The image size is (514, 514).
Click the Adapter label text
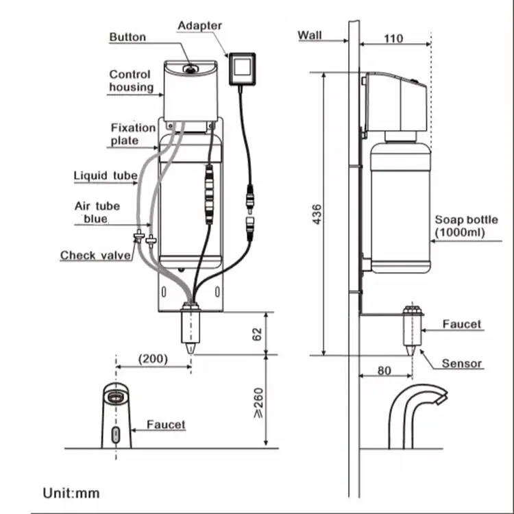click(199, 25)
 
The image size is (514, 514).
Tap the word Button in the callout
click(127, 37)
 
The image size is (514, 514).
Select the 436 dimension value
click(317, 215)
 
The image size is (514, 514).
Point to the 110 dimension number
click(393, 38)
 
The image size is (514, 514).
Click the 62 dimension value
click(257, 334)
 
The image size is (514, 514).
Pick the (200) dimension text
click(153, 359)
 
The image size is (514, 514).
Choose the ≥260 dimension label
click(258, 403)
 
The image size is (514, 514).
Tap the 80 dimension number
click(384, 371)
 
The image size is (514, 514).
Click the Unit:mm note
click(71, 493)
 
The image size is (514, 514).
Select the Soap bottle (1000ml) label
click(466, 226)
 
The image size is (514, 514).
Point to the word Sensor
click(461, 363)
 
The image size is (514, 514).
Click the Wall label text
click(310, 35)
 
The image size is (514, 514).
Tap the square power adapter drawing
click(242, 69)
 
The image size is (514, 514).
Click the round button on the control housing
click(191, 69)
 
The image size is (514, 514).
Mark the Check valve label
click(95, 255)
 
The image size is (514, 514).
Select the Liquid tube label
click(106, 175)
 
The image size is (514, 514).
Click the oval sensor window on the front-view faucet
click(115, 435)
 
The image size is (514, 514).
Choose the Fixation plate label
click(133, 134)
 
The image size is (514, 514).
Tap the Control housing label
click(131, 81)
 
